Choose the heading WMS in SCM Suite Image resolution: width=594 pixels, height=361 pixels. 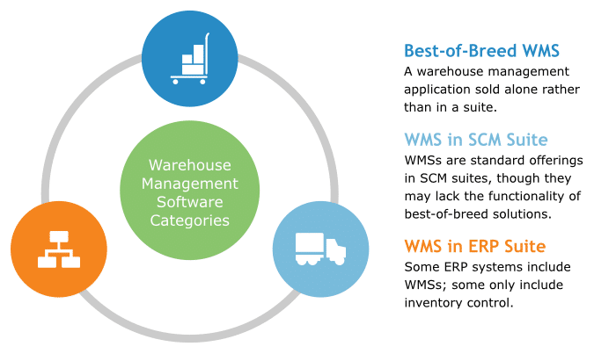(476, 140)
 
